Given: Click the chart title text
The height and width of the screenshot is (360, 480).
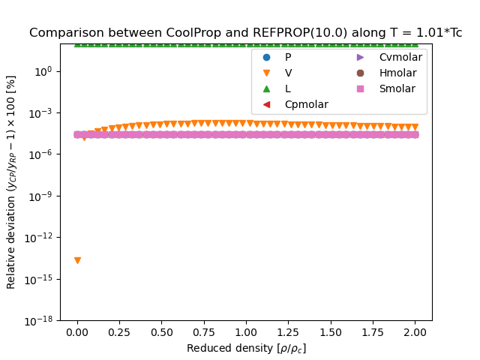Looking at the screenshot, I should [245, 33].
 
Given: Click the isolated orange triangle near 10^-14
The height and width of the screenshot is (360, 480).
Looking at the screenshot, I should [77, 260].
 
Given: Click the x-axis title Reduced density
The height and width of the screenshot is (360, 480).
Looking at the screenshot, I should [246, 348].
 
